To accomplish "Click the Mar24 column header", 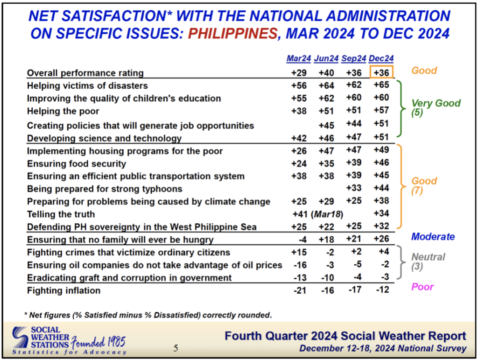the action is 298,58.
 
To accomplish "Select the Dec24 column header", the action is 381,58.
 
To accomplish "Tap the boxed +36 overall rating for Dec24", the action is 381,72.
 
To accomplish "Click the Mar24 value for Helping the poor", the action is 299,111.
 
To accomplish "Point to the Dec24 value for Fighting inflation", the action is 382,289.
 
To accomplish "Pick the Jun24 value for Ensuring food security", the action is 326,164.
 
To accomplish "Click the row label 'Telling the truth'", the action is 61,214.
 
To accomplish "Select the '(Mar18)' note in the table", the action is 327,214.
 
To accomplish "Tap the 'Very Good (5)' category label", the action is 436,107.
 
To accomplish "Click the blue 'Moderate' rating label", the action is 433,237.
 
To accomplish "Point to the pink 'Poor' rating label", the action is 422,287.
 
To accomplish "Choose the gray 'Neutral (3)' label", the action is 428,261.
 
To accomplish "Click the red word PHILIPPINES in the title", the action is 233,33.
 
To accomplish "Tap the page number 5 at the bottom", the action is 176,348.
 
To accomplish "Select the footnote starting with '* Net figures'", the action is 148,315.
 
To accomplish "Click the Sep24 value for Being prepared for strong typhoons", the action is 354,188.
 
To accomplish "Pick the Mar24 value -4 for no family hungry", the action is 302,240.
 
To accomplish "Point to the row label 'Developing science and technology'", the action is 104,138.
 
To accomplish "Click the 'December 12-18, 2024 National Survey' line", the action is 383,348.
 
